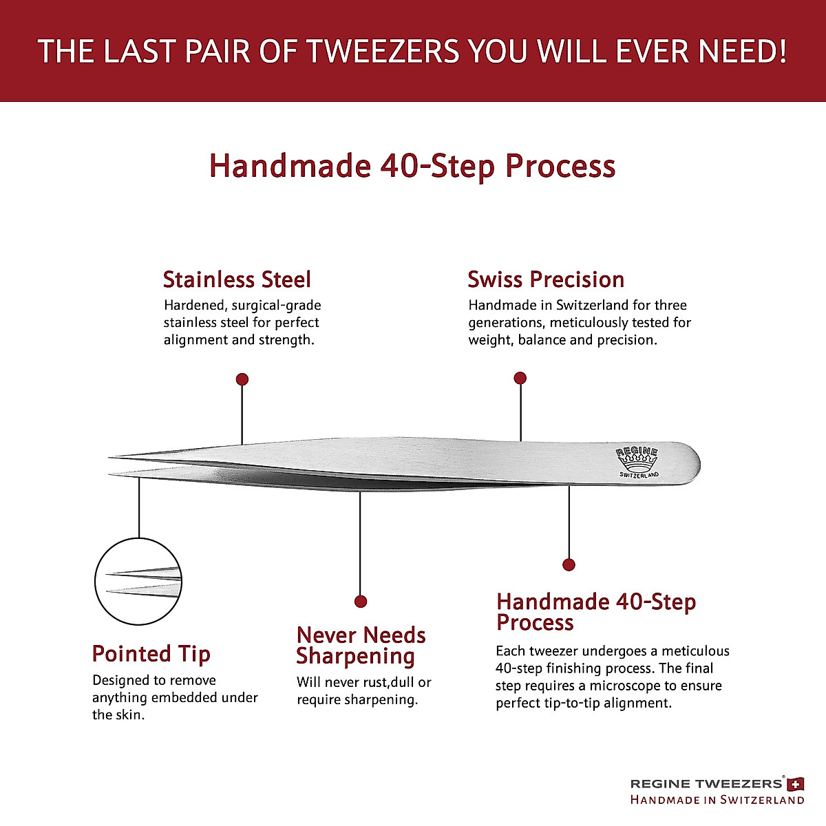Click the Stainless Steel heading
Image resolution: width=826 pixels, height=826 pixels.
click(237, 279)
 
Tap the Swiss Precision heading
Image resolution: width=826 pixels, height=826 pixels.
click(546, 279)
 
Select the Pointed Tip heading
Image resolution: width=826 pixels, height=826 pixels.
click(151, 654)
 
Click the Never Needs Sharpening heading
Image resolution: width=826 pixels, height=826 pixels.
click(361, 646)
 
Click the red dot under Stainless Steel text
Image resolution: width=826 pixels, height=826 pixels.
click(242, 379)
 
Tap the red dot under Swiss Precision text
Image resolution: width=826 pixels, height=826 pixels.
click(520, 378)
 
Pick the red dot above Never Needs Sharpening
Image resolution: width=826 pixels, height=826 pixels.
click(361, 602)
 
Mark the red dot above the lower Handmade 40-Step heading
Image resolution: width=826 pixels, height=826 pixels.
click(569, 565)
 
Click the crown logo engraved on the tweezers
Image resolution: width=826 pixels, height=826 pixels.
click(637, 460)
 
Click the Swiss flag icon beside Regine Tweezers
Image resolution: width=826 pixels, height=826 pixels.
click(796, 783)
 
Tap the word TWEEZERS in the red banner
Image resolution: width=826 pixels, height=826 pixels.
click(382, 52)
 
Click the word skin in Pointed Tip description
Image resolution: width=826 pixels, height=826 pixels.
click(131, 714)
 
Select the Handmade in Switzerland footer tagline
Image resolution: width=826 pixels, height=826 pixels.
click(717, 800)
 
